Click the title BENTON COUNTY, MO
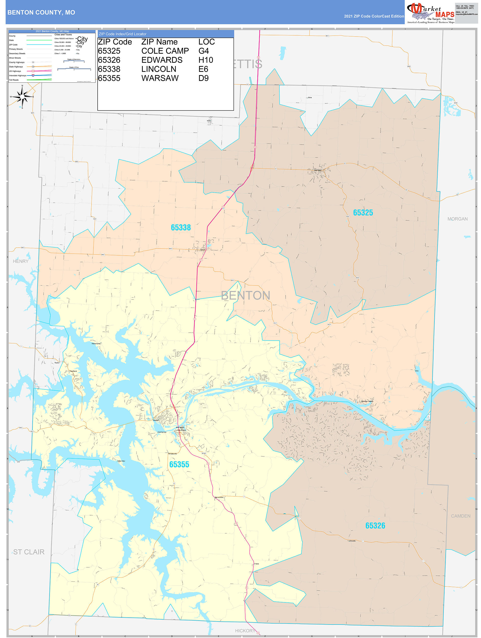point(41,13)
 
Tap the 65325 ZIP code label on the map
point(363,213)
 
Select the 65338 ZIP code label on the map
point(181,227)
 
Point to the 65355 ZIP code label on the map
point(179,464)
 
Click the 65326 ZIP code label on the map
point(375,526)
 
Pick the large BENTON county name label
point(245,295)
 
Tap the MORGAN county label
point(457,219)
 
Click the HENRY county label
point(21,261)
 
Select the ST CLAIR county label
point(29,552)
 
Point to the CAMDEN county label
point(461,516)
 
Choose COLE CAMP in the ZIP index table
point(165,51)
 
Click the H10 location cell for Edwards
point(206,60)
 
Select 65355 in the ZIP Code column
point(109,78)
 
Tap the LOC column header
point(207,42)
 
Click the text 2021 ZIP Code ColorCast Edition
point(374,16)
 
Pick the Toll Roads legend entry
point(14,80)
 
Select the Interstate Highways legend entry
point(18,76)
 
